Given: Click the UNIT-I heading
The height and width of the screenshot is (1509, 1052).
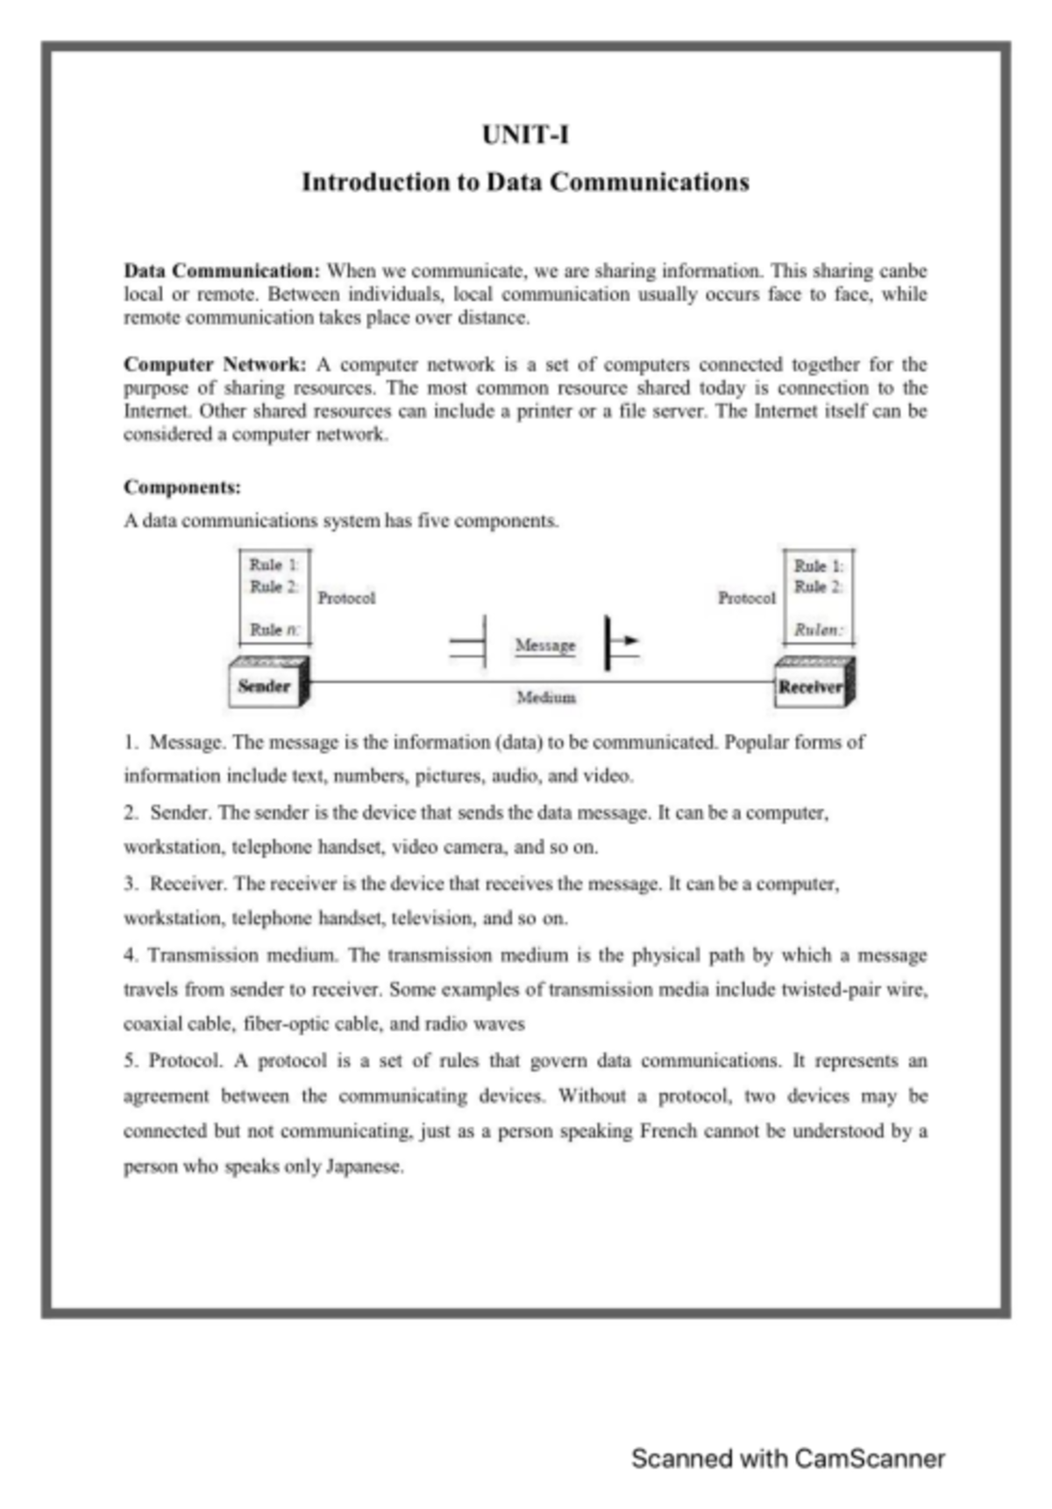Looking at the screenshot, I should (525, 135).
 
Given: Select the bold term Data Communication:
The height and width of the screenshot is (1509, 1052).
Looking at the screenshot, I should (222, 271).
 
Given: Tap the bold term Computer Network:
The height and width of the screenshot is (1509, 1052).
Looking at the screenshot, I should (215, 365).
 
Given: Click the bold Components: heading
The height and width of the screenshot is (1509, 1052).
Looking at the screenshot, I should (182, 487).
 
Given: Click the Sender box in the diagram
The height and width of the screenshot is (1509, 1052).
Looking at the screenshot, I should (264, 686).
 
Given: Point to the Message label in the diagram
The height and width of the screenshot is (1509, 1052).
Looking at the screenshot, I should (545, 645).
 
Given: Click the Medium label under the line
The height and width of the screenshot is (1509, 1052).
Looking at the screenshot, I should (545, 698).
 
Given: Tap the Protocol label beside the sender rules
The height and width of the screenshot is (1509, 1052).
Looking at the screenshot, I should (346, 598).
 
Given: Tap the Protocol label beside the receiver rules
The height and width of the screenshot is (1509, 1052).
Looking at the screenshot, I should (747, 598).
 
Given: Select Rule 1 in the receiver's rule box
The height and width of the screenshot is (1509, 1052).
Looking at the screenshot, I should (818, 566).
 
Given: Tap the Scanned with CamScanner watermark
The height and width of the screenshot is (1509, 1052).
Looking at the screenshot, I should (787, 1459).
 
